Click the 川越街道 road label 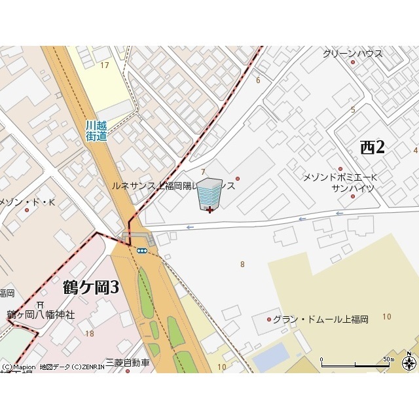[x=96, y=130]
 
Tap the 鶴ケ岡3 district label [x=91, y=287]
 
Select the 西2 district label [x=373, y=147]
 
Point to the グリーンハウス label [x=352, y=54]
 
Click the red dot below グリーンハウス [x=353, y=62]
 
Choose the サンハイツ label [x=352, y=188]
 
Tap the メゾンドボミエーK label [x=340, y=177]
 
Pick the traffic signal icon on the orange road [x=141, y=250]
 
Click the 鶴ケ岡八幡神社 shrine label [x=41, y=315]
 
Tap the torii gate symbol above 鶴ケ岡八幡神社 [x=41, y=304]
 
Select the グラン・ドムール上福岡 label [x=320, y=319]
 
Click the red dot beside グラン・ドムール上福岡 [x=268, y=319]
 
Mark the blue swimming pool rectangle [x=271, y=357]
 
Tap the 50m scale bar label [x=389, y=359]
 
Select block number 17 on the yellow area [x=105, y=65]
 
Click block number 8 [x=242, y=264]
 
